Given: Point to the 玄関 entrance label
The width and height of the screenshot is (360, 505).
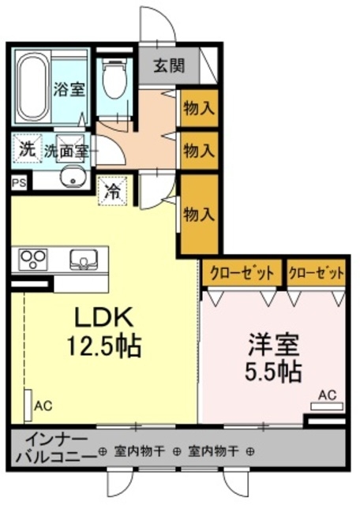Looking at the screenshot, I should (168, 65).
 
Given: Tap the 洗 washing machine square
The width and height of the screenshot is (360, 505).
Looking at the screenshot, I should (27, 148).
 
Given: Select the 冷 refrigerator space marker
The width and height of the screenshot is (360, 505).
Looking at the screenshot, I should (113, 189).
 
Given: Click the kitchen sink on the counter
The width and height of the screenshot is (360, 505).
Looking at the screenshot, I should (82, 259).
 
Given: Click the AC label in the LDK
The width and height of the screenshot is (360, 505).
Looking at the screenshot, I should (43, 406).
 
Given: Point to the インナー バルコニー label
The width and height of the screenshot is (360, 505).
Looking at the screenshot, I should (49, 447).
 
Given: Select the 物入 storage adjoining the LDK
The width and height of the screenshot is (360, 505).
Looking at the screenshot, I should (197, 213).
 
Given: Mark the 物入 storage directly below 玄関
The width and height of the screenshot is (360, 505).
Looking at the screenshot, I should (197, 107).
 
